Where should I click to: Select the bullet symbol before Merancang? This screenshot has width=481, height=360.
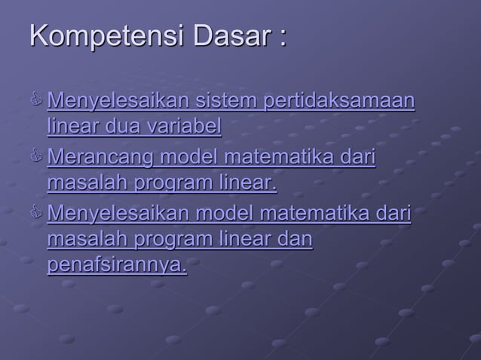pos(37,158)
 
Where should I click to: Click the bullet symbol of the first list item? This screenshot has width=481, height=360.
pos(37,101)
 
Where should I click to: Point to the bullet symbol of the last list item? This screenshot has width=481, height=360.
pos(37,215)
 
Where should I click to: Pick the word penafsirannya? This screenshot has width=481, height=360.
pos(117,266)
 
